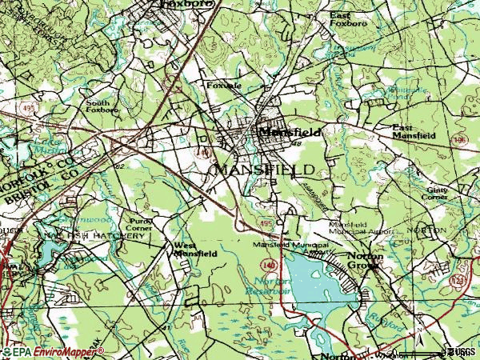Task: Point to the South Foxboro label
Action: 103,106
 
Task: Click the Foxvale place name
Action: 224,85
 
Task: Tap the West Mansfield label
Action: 195,249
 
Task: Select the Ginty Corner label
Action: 437,192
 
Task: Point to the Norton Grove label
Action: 365,260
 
